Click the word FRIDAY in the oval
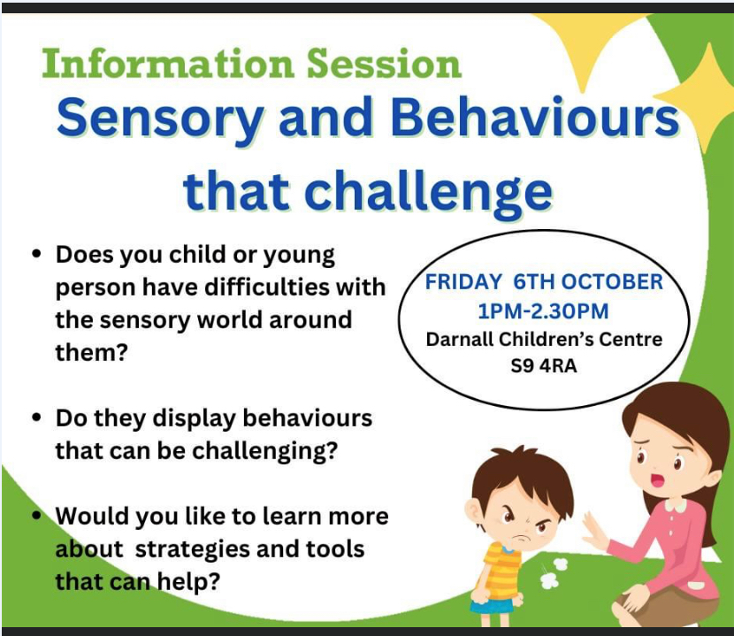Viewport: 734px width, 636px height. coord(463,282)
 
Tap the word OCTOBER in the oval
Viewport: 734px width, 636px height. coord(611,282)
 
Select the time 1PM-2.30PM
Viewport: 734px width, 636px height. coord(543,311)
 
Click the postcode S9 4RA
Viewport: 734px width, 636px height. coord(544,365)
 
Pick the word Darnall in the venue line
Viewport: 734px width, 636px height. coord(460,339)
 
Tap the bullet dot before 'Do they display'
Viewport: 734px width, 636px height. coord(36,418)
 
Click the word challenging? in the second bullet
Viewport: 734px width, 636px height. coord(264,451)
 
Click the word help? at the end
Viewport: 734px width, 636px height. coord(187,582)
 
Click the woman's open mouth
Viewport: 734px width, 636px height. coord(659,480)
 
